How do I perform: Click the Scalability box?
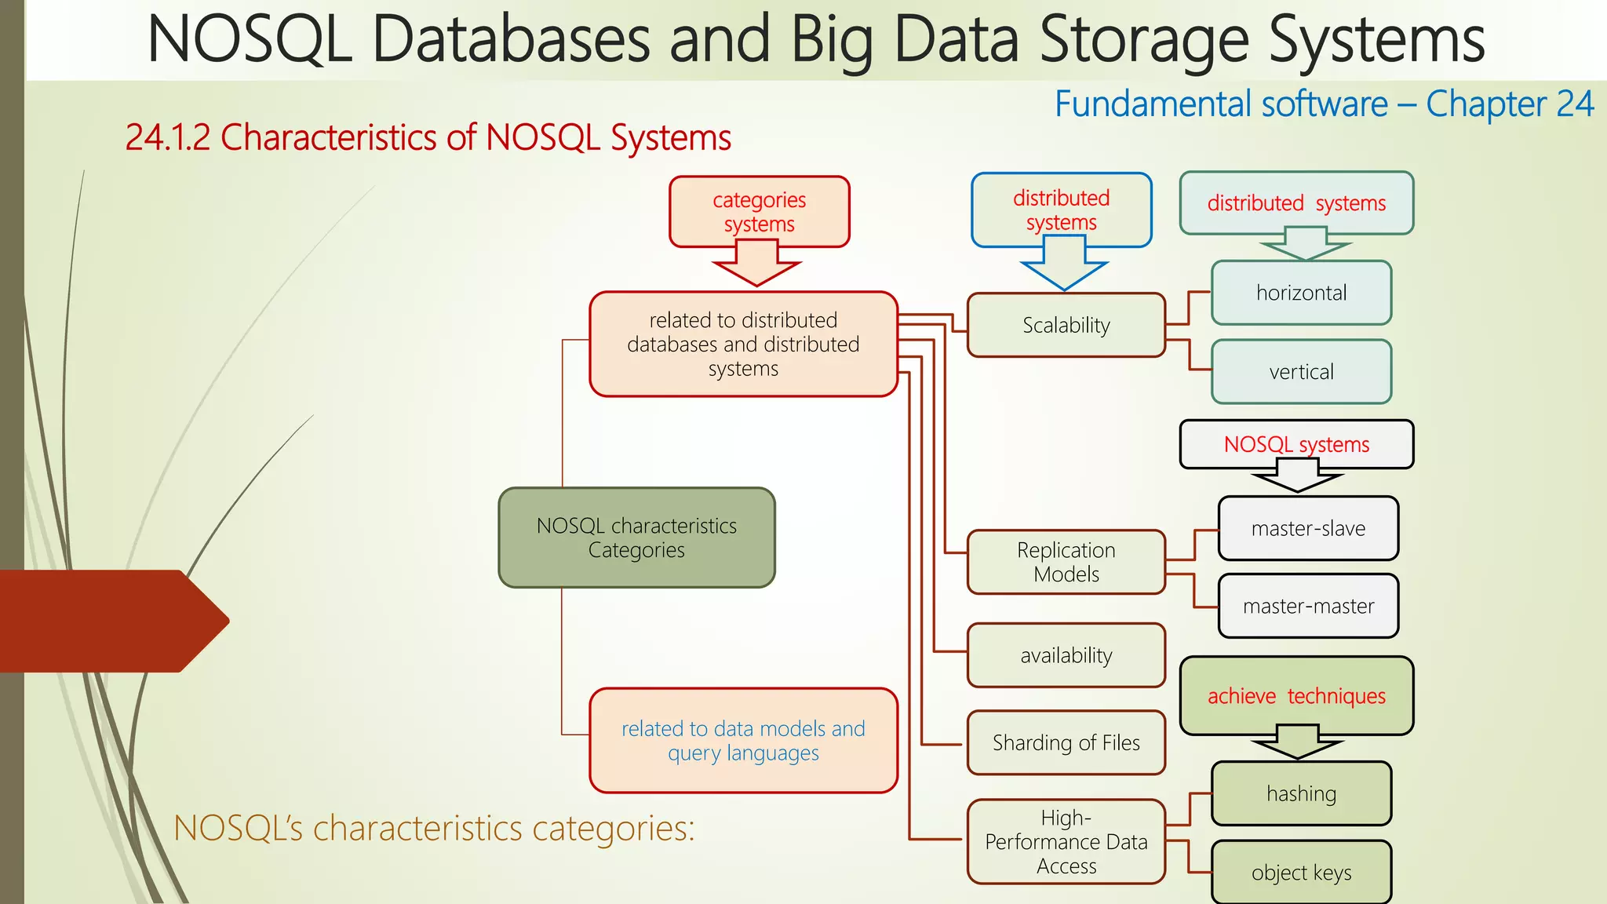(1066, 325)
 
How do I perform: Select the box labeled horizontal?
(1301, 293)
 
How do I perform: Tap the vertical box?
(1301, 371)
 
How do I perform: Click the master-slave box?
(1308, 528)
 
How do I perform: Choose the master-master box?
(1308, 606)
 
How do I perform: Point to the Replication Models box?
(1066, 562)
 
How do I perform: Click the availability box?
(1066, 655)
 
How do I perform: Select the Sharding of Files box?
(1066, 742)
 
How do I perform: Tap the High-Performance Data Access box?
(1066, 841)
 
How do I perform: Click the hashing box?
(1301, 793)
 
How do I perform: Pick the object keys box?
(1301, 872)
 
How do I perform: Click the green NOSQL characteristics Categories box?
(636, 538)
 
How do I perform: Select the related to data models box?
(743, 740)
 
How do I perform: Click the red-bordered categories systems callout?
(759, 211)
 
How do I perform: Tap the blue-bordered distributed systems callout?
(1061, 210)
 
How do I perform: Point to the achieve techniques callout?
(1296, 696)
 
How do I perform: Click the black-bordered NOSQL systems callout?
(1296, 444)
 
